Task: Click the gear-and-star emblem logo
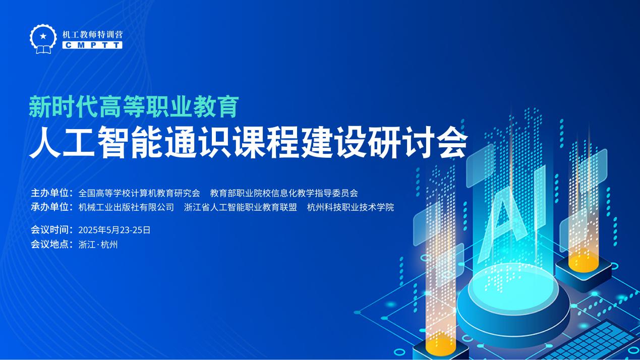(x=43, y=39)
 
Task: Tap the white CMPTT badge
(x=92, y=45)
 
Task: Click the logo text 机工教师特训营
(x=93, y=35)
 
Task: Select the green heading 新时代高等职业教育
(x=134, y=107)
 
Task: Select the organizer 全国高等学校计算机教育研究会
(x=139, y=193)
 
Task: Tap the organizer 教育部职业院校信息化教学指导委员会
(x=284, y=193)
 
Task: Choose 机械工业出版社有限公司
(x=126, y=207)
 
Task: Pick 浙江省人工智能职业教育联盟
(x=241, y=207)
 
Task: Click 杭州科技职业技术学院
(x=351, y=207)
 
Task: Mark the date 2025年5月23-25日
(x=114, y=230)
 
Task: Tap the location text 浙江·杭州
(x=98, y=244)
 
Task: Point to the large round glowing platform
(x=513, y=303)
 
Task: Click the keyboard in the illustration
(x=594, y=341)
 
